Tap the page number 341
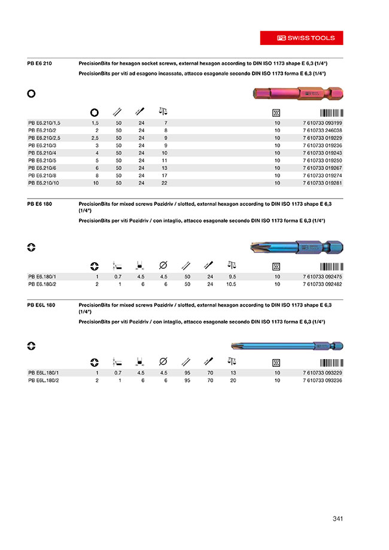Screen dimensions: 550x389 [x=338, y=518]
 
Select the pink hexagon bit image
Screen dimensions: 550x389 [x=296, y=94]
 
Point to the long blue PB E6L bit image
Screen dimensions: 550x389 [x=287, y=346]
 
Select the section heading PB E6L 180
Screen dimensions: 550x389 [x=42, y=305]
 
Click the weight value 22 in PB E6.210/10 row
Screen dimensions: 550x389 [x=165, y=183]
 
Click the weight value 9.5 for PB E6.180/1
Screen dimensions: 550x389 [x=232, y=277]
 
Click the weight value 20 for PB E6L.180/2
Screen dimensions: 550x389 [x=233, y=380]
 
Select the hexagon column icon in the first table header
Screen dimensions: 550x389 [x=95, y=112]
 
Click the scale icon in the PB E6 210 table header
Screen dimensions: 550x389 [x=163, y=111]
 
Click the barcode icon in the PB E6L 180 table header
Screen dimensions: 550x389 [x=331, y=362]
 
